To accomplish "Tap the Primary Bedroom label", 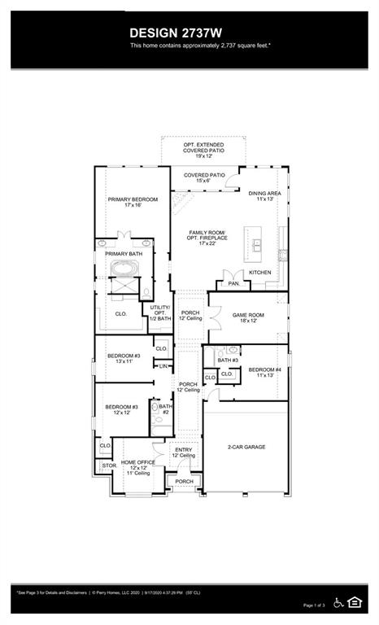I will [x=133, y=202].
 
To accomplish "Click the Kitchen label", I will [x=260, y=272].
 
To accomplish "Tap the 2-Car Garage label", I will [x=246, y=447].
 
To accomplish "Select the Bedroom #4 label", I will [x=264, y=373].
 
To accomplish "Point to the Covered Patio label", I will [x=204, y=177].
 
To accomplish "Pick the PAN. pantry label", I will [x=233, y=283].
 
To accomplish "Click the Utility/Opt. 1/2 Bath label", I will [x=160, y=312].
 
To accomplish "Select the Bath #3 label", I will [x=228, y=360].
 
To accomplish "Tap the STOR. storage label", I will [x=108, y=465].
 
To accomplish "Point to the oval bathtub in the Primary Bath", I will [x=125, y=269].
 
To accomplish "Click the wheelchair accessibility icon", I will [x=338, y=602].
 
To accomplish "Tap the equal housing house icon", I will [x=354, y=602].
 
